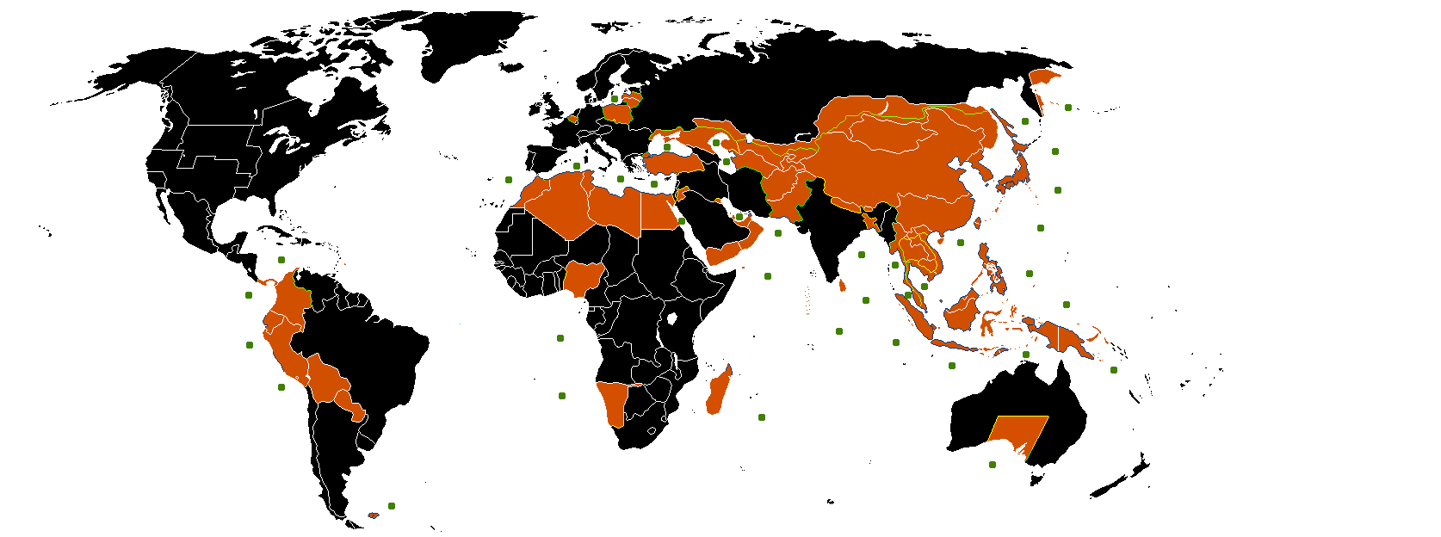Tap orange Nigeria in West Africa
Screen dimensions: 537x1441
584,277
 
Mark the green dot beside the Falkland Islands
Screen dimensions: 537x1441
392,506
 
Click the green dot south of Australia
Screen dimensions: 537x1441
993,465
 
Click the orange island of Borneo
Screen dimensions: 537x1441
963,310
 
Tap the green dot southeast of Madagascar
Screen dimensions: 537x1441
762,417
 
